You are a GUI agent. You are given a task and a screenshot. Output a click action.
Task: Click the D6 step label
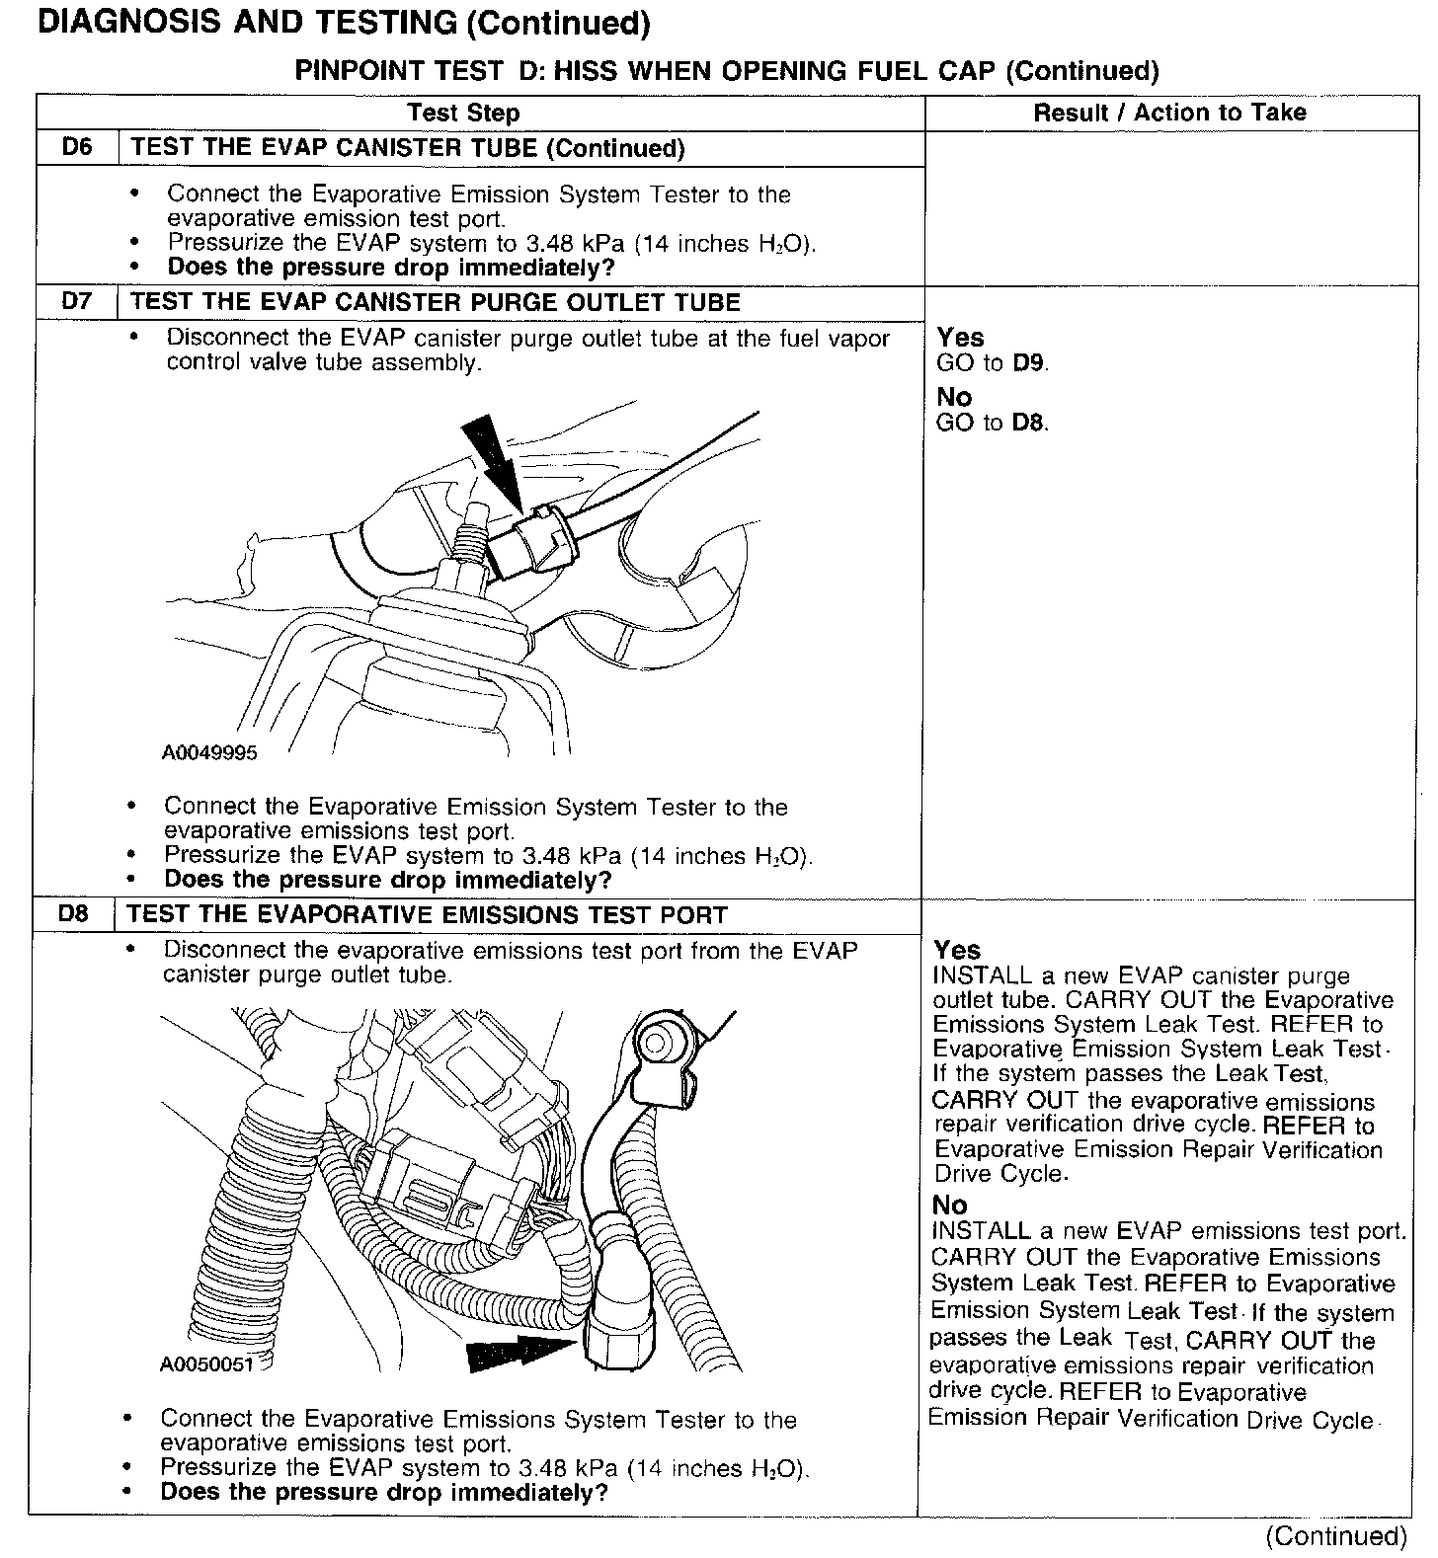[76, 148]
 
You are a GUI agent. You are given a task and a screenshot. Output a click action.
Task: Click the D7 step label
[76, 302]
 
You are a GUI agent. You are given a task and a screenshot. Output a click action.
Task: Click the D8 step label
[73, 914]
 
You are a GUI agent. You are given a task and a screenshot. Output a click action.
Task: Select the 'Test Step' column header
[463, 113]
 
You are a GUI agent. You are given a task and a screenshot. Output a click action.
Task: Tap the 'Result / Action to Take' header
[1169, 113]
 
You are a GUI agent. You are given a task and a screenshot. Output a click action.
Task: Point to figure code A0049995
[208, 753]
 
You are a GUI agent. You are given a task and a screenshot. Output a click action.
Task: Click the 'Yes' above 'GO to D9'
[960, 338]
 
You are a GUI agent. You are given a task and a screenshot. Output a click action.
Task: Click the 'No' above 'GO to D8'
[955, 397]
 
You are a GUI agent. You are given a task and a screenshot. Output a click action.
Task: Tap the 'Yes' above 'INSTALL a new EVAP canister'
[957, 950]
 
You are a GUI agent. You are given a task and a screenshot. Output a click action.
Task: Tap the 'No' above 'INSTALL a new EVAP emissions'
[950, 1205]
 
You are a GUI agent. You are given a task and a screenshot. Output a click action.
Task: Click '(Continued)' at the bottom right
[1335, 1536]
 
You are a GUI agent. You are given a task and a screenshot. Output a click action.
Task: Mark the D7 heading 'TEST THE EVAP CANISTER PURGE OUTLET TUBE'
[436, 302]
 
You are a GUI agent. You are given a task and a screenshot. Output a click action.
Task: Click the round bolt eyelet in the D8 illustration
[656, 1042]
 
